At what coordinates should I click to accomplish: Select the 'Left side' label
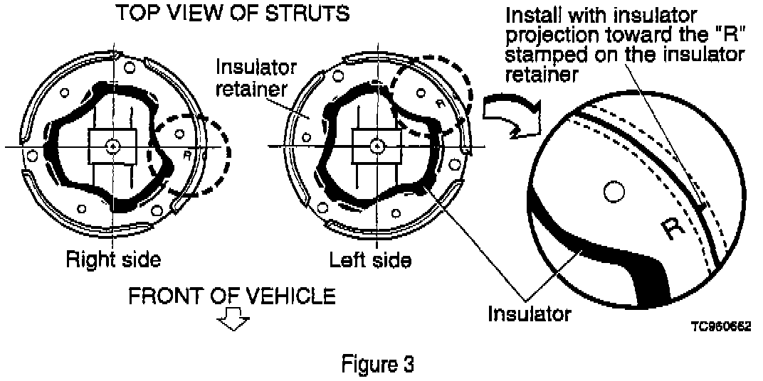(370, 259)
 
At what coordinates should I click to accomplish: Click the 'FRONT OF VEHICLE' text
(231, 296)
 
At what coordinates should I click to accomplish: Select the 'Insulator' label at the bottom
(529, 313)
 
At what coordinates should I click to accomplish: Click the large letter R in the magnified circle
(671, 228)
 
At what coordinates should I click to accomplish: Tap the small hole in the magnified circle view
(609, 190)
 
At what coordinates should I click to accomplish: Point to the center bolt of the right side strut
(112, 146)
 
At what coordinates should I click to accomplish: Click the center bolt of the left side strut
(374, 146)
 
